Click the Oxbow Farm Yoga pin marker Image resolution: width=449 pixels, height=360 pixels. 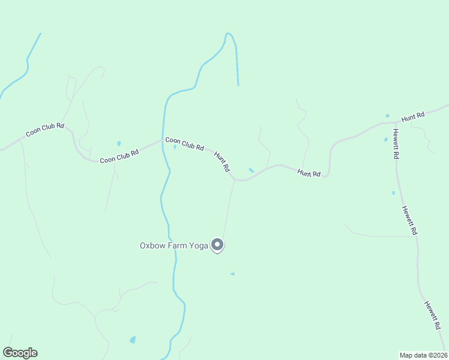[x=218, y=245]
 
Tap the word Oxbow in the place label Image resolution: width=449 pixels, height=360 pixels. [x=153, y=245]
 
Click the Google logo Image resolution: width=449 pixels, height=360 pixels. [x=20, y=353]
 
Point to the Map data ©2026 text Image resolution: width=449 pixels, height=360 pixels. [x=423, y=355]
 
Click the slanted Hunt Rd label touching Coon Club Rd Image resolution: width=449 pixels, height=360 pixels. [x=222, y=161]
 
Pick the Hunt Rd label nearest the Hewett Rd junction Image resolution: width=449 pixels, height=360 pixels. [x=413, y=116]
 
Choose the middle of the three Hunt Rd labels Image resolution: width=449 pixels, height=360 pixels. [x=309, y=173]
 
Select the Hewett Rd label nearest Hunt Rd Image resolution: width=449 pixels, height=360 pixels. [x=397, y=143]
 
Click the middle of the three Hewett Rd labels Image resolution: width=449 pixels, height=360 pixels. [x=409, y=220]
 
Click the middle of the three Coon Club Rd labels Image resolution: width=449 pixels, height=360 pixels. [x=119, y=156]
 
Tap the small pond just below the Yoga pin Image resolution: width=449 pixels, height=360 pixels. [x=232, y=274]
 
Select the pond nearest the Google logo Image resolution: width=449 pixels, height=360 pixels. [x=133, y=340]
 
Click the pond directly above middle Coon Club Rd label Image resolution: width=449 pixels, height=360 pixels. [x=119, y=143]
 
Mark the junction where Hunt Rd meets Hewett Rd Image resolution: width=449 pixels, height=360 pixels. [x=394, y=123]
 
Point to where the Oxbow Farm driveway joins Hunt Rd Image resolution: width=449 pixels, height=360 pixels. [x=235, y=179]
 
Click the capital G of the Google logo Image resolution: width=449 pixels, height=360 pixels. [x=8, y=353]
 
